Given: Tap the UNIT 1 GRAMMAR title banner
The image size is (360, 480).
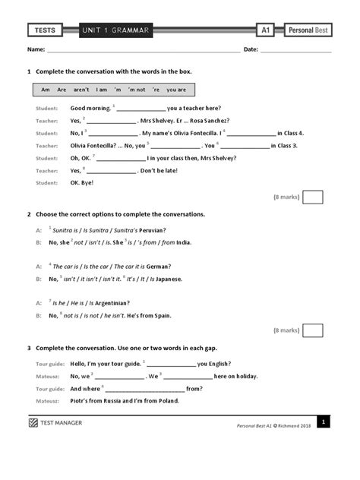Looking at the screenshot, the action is (117, 30).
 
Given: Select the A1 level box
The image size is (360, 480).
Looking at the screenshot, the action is (265, 30).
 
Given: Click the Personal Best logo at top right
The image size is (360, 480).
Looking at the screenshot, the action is (308, 30).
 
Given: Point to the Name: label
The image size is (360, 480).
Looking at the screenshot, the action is (36, 50).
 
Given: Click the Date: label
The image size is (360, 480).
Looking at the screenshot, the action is (251, 50).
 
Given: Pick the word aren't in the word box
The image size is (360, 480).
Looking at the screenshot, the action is (81, 90).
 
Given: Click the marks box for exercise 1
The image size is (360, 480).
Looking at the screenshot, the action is (312, 197).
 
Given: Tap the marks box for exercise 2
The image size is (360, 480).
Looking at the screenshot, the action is (312, 330).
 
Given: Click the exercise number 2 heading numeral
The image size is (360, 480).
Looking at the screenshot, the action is (29, 214).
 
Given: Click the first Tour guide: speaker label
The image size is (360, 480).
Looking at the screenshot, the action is (50, 364).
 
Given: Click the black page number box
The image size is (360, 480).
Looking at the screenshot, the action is (323, 422).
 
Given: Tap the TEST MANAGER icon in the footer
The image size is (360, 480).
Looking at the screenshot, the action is (33, 422).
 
